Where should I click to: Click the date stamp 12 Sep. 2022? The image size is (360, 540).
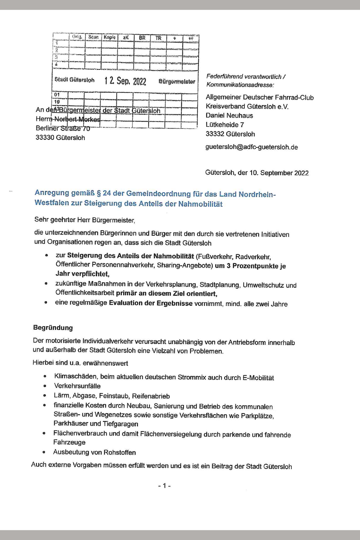pyautogui.click(x=125, y=81)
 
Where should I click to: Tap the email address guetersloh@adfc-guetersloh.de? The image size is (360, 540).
pyautogui.click(x=252, y=147)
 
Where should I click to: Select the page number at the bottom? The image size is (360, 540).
pyautogui.click(x=164, y=486)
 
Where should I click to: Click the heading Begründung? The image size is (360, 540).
pyautogui.click(x=53, y=328)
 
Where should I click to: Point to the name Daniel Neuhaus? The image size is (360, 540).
pyautogui.click(x=229, y=116)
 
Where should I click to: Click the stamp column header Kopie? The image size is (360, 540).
pyautogui.click(x=110, y=38)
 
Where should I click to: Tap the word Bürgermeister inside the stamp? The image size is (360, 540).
pyautogui.click(x=177, y=81)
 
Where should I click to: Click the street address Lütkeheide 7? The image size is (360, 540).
pyautogui.click(x=224, y=125)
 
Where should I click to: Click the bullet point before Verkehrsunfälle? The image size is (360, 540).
pyautogui.click(x=45, y=386)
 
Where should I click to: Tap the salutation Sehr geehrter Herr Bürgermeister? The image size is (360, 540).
pyautogui.click(x=84, y=220)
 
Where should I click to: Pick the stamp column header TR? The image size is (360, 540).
pyautogui.click(x=158, y=38)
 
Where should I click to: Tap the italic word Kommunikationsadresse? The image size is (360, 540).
pyautogui.click(x=239, y=85)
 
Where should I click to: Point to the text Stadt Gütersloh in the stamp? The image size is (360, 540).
pyautogui.click(x=74, y=80)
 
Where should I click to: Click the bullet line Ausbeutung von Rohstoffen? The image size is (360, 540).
pyautogui.click(x=94, y=452)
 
